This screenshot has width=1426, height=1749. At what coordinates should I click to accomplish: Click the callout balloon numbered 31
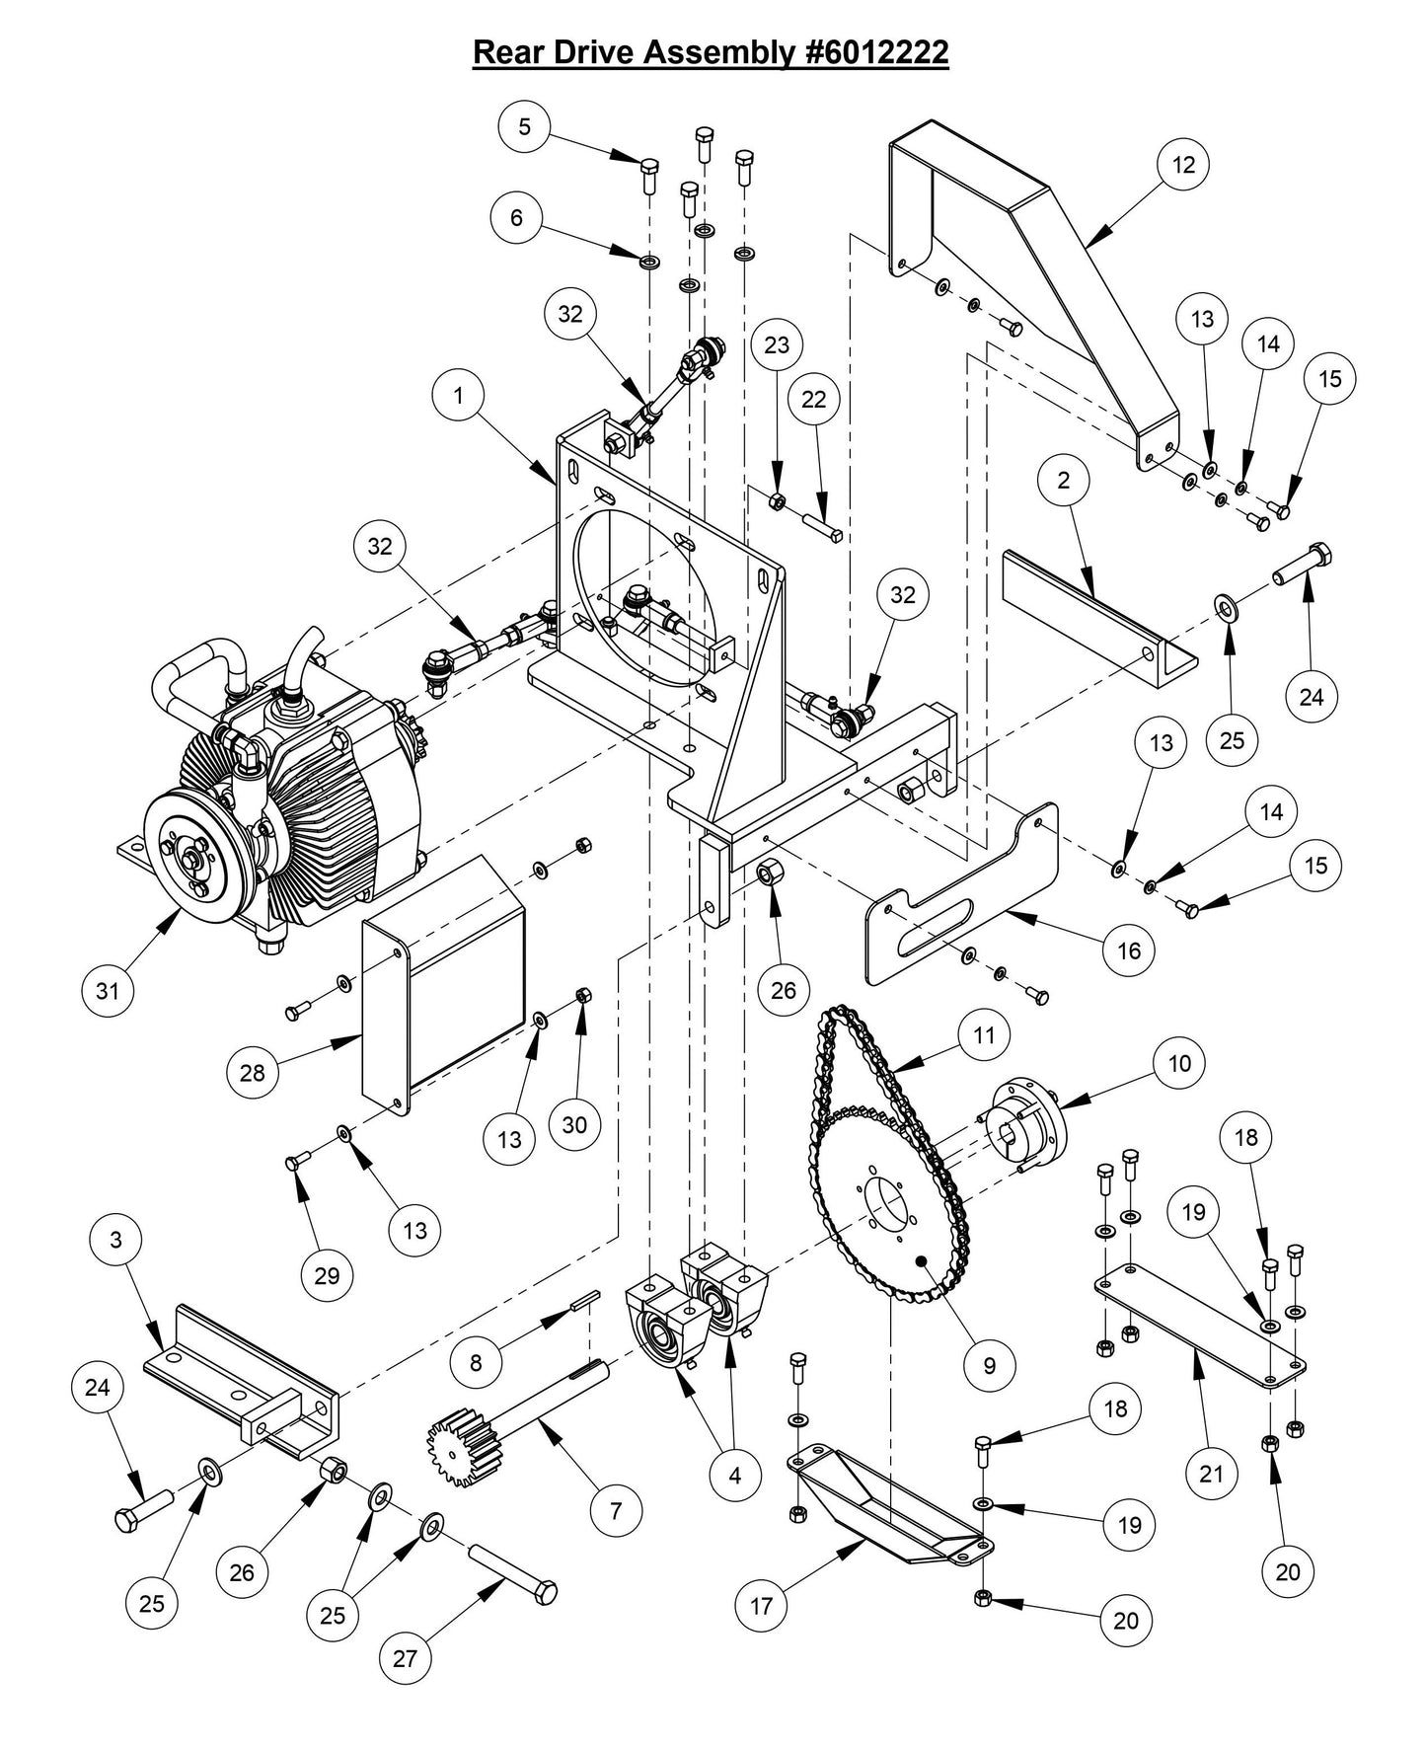pos(108,988)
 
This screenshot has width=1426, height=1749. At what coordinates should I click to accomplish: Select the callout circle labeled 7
pos(616,1509)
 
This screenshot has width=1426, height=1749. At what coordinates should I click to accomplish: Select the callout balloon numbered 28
pos(253,1072)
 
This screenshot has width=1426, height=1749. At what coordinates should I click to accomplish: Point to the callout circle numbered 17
pos(761,1606)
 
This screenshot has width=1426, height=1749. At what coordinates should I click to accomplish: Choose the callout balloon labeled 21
pos(1210,1474)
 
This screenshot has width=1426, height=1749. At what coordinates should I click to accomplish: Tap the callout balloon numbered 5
pos(524,126)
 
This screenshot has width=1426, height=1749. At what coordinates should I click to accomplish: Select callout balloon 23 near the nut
pos(777,344)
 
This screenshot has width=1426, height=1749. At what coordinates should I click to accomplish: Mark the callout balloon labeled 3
pos(116,1239)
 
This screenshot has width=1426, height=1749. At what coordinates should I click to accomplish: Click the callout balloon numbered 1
pos(459,395)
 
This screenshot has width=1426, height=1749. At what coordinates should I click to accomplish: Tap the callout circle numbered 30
pos(574,1124)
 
